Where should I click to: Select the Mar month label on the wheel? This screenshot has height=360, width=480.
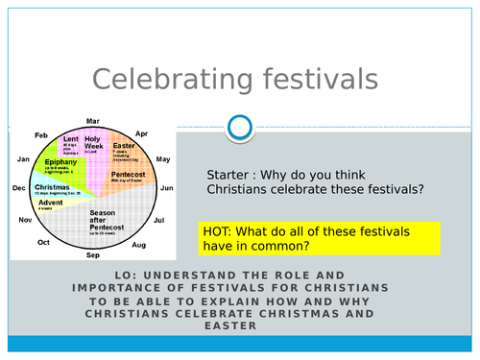pyautogui.click(x=93, y=121)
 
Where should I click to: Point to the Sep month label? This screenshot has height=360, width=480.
pyautogui.click(x=93, y=256)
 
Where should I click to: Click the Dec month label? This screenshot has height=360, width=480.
pyautogui.click(x=18, y=189)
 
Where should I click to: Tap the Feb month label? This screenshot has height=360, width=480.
pyautogui.click(x=41, y=135)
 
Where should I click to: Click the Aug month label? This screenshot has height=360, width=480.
pyautogui.click(x=139, y=246)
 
